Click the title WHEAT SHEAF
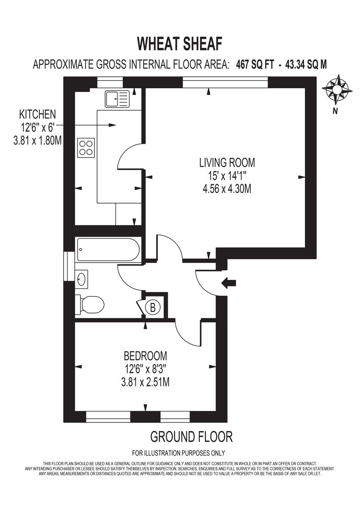pos(180,44)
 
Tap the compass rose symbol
pos(337,89)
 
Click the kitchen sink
pos(116,99)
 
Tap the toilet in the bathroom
pos(90,304)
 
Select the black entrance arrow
pos(229,283)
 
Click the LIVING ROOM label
pos(227,162)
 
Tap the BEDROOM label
pos(145,355)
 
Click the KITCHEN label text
pos(37,114)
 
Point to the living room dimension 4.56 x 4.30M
pos(227,189)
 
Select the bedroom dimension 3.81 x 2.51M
pos(145,382)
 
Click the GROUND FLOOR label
pos(191,436)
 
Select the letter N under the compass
pos(335,112)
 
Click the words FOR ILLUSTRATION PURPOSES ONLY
pos(179,453)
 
